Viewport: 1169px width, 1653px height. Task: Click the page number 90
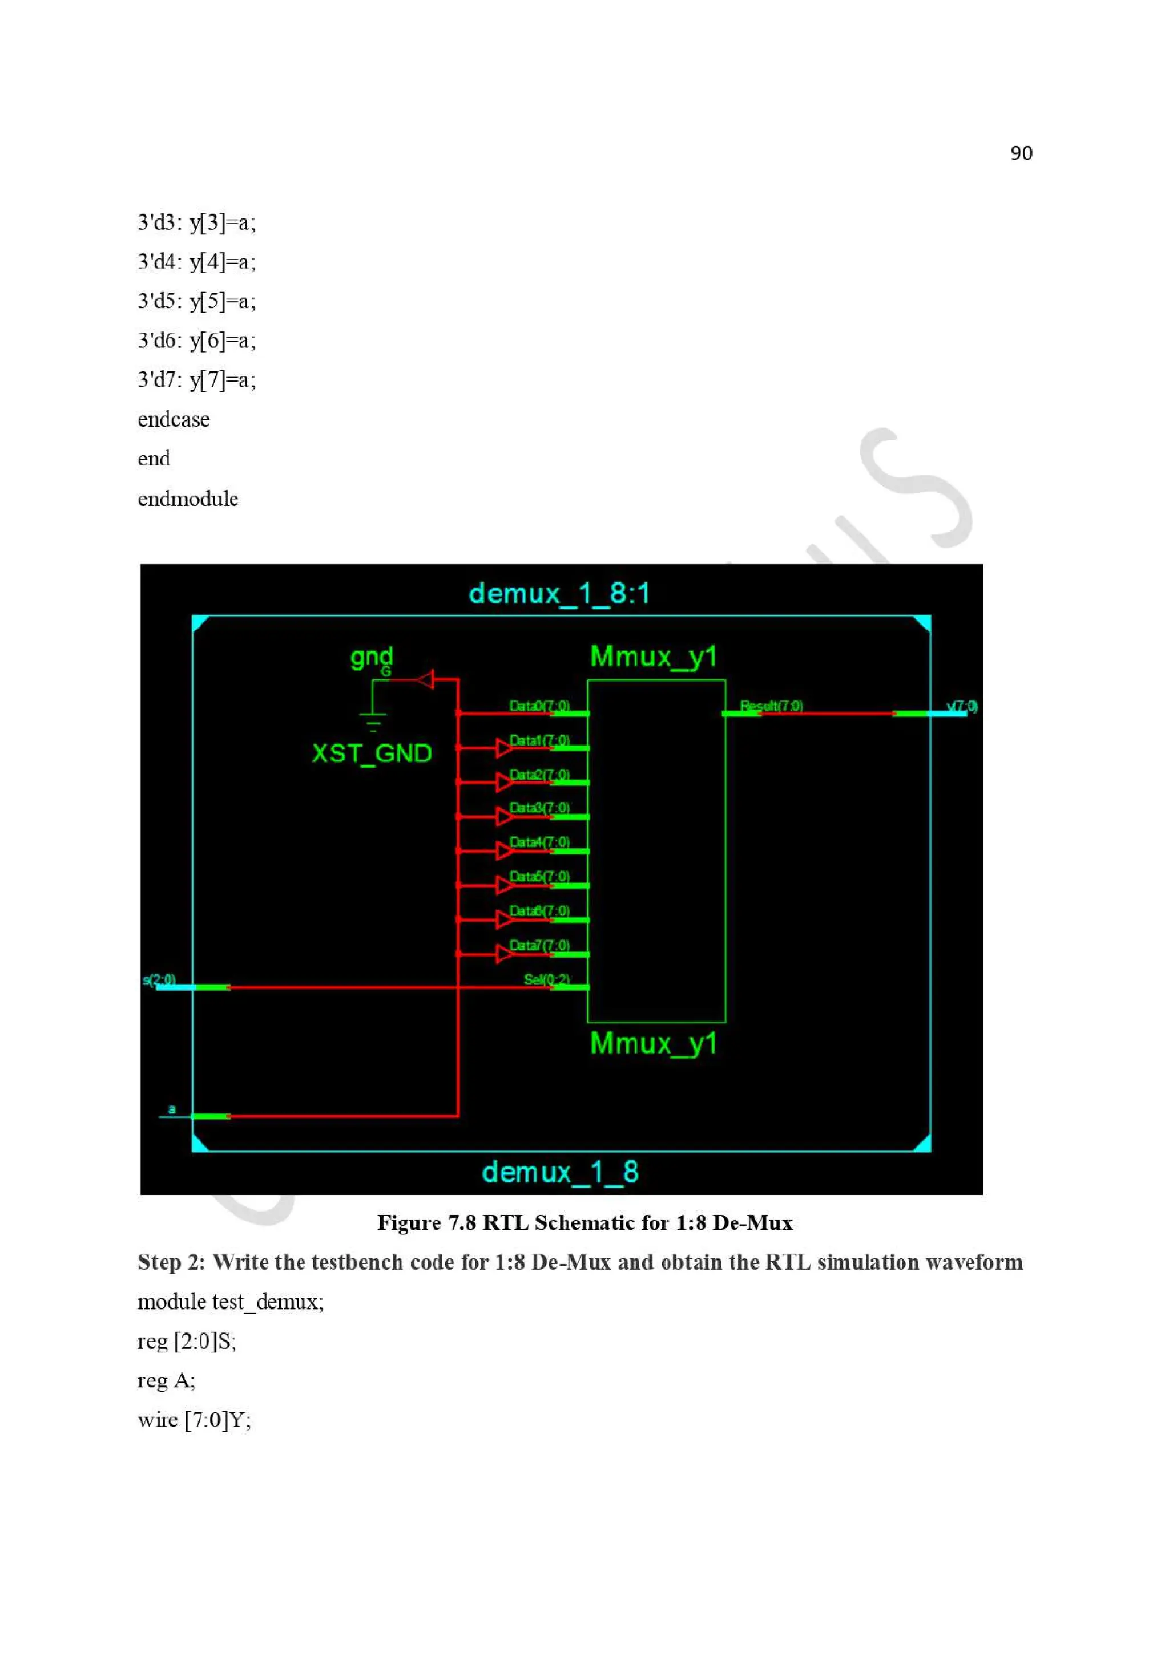click(x=1021, y=153)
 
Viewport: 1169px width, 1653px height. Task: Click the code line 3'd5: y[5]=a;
click(x=196, y=301)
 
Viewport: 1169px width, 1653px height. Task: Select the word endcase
click(x=174, y=419)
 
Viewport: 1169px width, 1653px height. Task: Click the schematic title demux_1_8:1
click(x=559, y=594)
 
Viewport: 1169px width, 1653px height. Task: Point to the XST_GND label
click(x=372, y=753)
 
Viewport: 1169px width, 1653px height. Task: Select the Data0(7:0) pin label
click(x=539, y=706)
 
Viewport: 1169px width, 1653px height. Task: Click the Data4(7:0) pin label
click(x=539, y=842)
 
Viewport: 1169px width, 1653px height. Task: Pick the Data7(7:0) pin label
click(x=539, y=945)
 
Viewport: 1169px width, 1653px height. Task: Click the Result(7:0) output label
click(x=771, y=706)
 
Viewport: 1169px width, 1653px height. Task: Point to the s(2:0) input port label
click(x=159, y=979)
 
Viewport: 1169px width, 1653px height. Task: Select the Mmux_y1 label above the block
click(x=654, y=657)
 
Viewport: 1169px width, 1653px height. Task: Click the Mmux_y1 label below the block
click(x=654, y=1043)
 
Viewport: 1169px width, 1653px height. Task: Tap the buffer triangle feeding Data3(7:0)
click(x=504, y=816)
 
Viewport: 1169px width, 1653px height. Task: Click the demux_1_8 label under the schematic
click(x=559, y=1172)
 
